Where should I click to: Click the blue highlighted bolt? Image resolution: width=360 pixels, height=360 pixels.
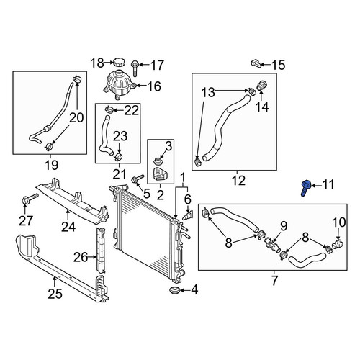(x=306, y=188)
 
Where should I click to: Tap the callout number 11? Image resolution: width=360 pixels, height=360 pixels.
(x=328, y=185)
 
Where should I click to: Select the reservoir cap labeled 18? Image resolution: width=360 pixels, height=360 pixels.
(x=118, y=62)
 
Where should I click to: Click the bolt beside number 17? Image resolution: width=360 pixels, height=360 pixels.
(x=135, y=68)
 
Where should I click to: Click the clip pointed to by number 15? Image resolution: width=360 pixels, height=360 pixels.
(x=256, y=63)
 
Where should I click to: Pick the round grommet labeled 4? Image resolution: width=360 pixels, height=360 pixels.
(x=174, y=290)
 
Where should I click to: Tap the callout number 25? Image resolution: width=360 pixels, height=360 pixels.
(x=55, y=293)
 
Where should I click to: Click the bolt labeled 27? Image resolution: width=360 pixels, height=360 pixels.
(x=30, y=199)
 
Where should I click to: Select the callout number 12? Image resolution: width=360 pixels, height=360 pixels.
(x=239, y=181)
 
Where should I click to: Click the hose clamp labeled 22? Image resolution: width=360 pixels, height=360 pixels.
(x=109, y=109)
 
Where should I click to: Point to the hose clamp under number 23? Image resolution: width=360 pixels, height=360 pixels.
(x=119, y=157)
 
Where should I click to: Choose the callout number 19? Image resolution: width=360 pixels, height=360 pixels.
(x=51, y=165)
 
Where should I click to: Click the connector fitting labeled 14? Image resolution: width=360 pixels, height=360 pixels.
(x=262, y=86)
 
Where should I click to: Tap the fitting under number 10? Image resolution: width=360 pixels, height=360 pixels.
(x=338, y=244)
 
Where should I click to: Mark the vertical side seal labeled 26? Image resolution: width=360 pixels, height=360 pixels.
(x=101, y=251)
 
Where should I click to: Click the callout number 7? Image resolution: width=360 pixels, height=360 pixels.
(x=274, y=281)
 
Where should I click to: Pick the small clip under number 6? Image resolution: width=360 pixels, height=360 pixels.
(x=188, y=215)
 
